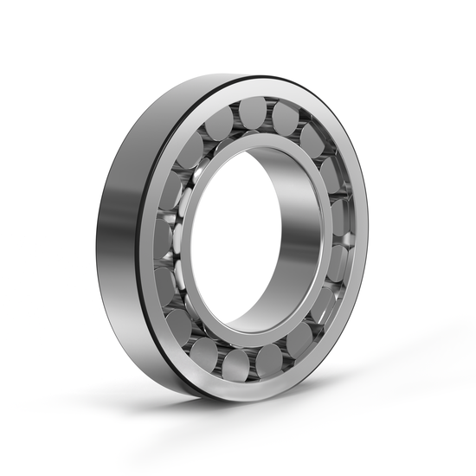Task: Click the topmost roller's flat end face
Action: (x=253, y=111)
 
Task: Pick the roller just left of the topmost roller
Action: (x=219, y=118)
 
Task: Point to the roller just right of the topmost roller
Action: (x=285, y=117)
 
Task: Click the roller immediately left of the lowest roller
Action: (x=206, y=352)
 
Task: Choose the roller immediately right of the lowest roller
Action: (x=270, y=359)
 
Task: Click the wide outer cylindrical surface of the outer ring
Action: (x=121, y=234)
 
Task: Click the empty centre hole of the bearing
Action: (x=234, y=242)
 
